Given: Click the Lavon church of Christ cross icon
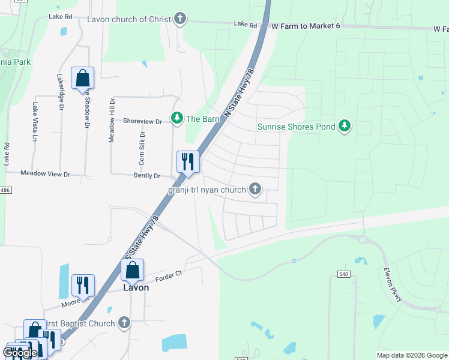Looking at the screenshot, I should coord(179,19).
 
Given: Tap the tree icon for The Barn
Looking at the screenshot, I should coord(176,118).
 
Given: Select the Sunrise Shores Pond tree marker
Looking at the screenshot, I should coord(345,126).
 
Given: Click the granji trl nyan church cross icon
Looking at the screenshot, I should coord(255,190).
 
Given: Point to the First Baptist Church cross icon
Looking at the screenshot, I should coord(124,323).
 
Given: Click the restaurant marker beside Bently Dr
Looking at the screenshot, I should coord(187,162).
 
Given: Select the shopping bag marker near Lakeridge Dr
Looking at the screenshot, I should coord(82,79).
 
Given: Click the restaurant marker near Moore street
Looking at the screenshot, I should coord(83,284).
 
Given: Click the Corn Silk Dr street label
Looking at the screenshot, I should coord(142,148).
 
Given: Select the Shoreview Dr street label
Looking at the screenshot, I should coord(142,121).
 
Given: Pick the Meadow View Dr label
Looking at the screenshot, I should coord(46,173).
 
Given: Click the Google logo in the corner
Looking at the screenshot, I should coord(20,353).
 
